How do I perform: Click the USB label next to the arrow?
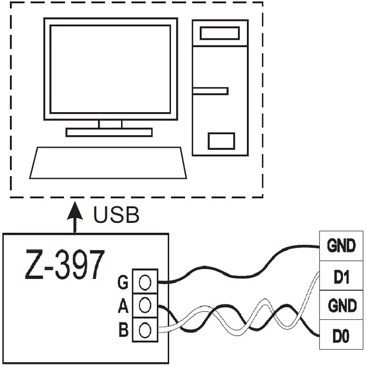(116, 215)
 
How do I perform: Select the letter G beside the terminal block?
(124, 284)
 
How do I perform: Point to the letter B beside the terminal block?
(124, 330)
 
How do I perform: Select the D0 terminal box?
(341, 335)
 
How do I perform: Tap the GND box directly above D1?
(341, 246)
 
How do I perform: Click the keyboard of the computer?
(107, 163)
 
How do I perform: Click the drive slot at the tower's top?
(219, 34)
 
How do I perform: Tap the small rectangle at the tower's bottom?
(221, 141)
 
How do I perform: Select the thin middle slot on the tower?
(210, 91)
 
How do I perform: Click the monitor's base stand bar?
(109, 132)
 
